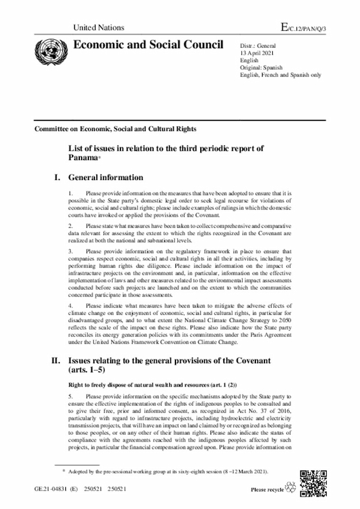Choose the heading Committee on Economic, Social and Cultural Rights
115,129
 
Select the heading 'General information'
106,178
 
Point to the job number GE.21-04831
51,489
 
